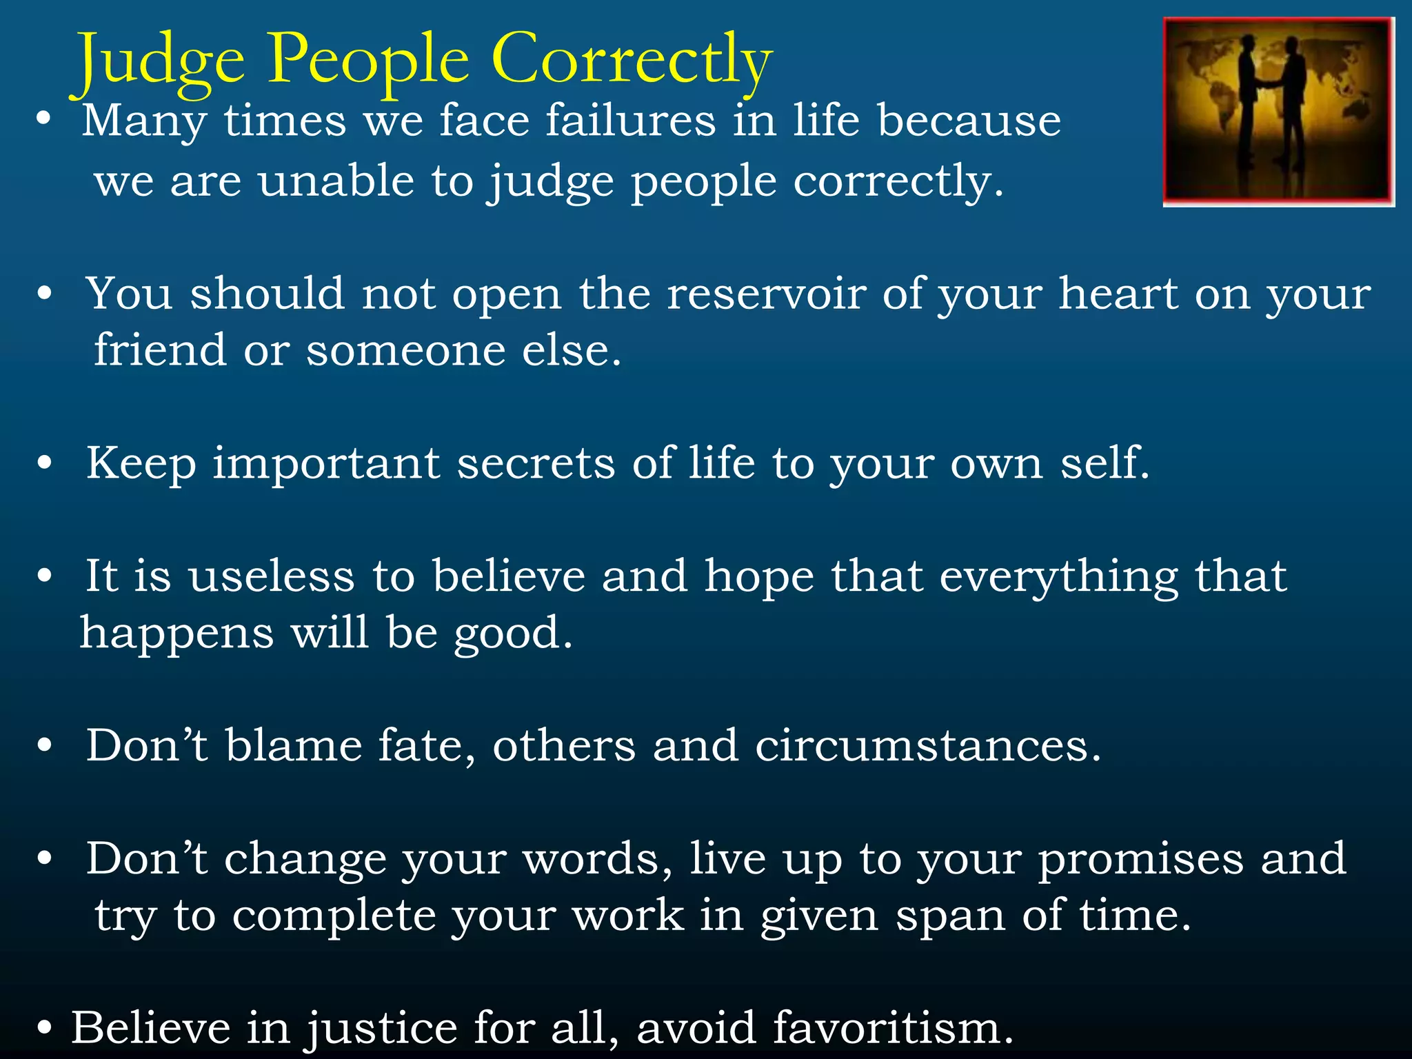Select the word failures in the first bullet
[630, 121]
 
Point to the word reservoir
[766, 294]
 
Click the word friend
[159, 350]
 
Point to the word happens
[176, 634]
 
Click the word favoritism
[893, 1028]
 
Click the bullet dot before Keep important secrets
[45, 463]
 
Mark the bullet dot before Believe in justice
[45, 1028]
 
